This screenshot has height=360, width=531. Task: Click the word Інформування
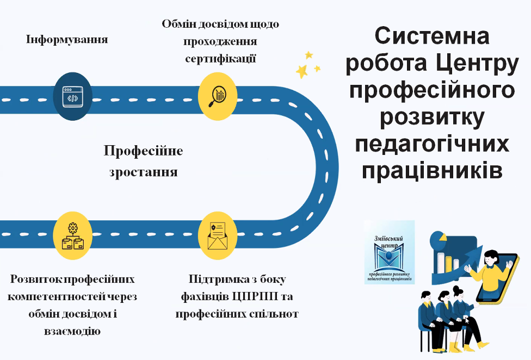pyautogui.click(x=67, y=40)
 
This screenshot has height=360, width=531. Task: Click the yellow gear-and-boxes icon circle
pyautogui.click(x=72, y=235)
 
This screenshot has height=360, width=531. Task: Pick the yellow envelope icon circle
pyautogui.click(x=217, y=235)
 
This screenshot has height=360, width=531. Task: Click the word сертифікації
pyautogui.click(x=220, y=58)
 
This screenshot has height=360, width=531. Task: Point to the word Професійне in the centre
pyautogui.click(x=143, y=151)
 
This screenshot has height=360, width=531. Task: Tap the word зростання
pyautogui.click(x=143, y=172)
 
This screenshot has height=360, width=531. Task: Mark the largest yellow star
pyautogui.click(x=301, y=71)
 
